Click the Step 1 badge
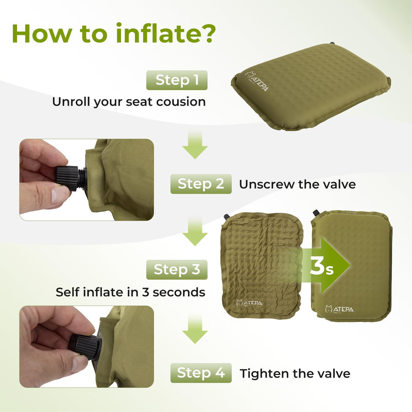pyautogui.click(x=177, y=80)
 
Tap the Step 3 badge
pyautogui.click(x=177, y=269)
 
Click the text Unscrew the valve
pyautogui.click(x=297, y=184)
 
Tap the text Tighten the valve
pyautogui.click(x=295, y=373)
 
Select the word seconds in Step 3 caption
pyautogui.click(x=178, y=293)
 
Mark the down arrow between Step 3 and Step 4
pyautogui.click(x=195, y=330)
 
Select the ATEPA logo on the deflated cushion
pyautogui.click(x=249, y=303)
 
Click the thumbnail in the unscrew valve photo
pyautogui.click(x=59, y=195)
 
